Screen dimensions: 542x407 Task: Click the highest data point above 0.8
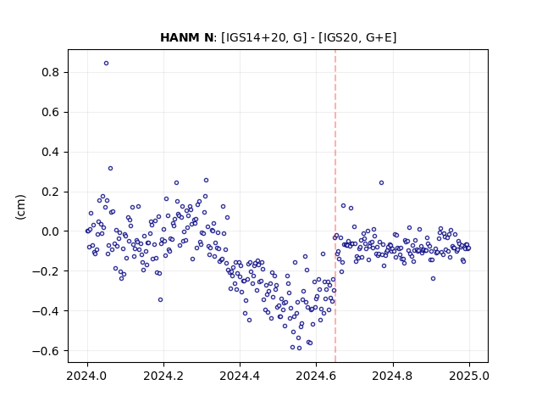point(106,63)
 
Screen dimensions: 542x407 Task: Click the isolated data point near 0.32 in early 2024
point(110,168)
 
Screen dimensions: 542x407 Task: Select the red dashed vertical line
point(335,206)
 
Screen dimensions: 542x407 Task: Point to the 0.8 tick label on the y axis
point(50,72)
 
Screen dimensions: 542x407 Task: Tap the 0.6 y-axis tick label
point(50,112)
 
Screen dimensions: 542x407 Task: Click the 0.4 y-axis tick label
point(50,152)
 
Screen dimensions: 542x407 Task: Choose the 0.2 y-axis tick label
point(50,192)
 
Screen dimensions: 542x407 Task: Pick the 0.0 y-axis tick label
point(50,231)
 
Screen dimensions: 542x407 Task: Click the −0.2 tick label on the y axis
point(46,271)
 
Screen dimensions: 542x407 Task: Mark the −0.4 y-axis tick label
point(46,311)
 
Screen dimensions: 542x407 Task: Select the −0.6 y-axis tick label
point(46,350)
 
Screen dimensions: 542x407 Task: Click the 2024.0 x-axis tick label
point(87,376)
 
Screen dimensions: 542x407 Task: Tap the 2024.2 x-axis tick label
point(163,376)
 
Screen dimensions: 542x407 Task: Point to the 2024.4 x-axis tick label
point(240,376)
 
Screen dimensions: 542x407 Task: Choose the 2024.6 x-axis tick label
point(316,376)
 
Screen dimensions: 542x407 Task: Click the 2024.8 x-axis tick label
point(393,376)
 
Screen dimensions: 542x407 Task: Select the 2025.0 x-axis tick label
point(469,376)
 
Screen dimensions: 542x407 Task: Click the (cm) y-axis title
point(20,207)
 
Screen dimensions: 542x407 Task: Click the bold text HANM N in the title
point(186,37)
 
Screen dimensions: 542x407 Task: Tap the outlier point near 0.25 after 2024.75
point(381,183)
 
